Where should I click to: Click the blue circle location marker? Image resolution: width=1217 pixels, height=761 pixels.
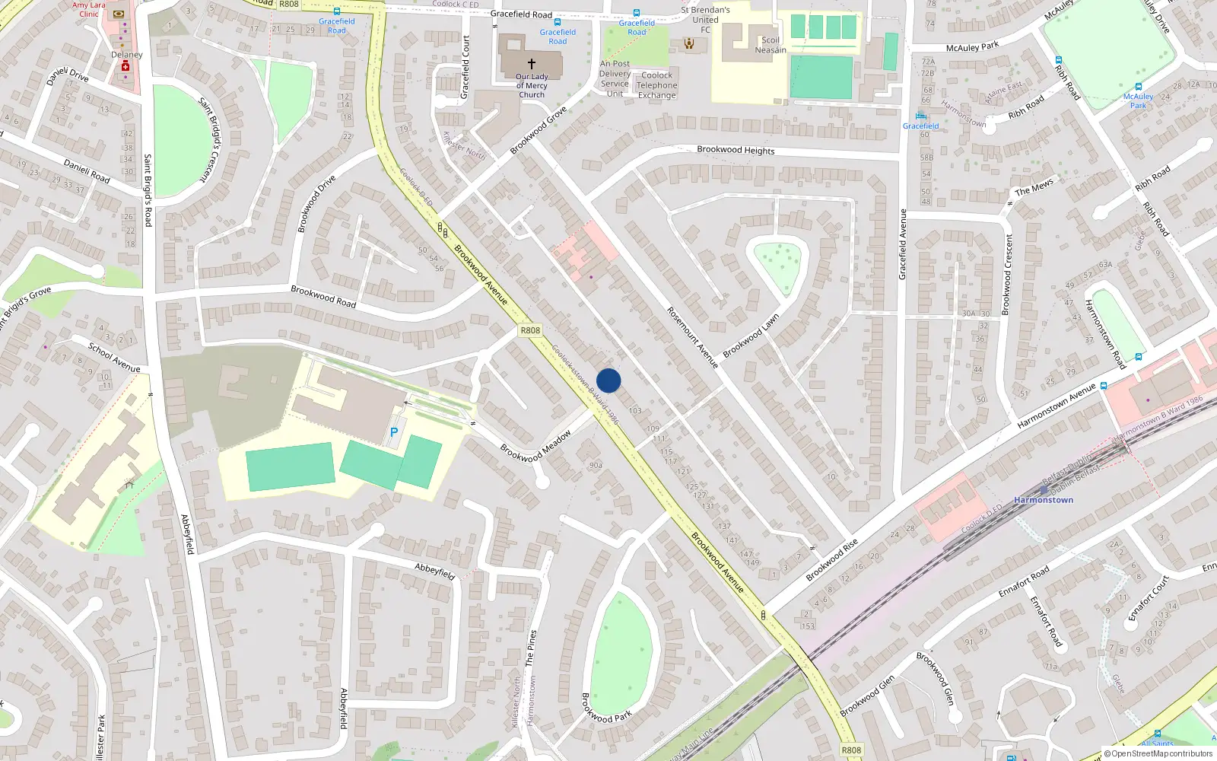point(608,380)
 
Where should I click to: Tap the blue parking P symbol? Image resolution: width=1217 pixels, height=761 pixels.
point(394,432)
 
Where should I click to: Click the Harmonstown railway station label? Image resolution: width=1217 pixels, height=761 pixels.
point(1044,500)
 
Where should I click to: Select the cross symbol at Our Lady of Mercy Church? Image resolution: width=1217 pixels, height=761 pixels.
point(532,63)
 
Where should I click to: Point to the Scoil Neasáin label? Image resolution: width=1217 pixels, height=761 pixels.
point(771,45)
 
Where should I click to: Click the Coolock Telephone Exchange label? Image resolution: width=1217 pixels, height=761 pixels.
point(657,85)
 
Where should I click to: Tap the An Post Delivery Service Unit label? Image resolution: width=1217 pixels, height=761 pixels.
point(615,79)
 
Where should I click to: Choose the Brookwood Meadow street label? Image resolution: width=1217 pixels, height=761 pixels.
point(536,447)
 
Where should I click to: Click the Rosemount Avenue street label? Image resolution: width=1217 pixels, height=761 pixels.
point(693,338)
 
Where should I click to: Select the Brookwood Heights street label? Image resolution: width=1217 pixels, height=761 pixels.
point(736,150)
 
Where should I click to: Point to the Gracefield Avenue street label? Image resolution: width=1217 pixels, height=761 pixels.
point(904,244)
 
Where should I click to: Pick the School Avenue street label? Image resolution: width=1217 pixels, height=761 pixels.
point(114,358)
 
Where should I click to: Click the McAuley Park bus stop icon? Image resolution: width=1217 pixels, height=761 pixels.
point(1138,87)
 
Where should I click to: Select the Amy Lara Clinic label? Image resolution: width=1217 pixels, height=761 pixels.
point(89,9)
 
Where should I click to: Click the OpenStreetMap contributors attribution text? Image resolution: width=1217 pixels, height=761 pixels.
point(1158,753)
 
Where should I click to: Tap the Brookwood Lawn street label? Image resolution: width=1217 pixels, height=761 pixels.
point(751,336)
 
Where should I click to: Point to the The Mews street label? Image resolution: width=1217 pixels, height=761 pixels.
point(1034,186)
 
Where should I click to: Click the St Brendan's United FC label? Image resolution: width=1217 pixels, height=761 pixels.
point(705,20)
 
